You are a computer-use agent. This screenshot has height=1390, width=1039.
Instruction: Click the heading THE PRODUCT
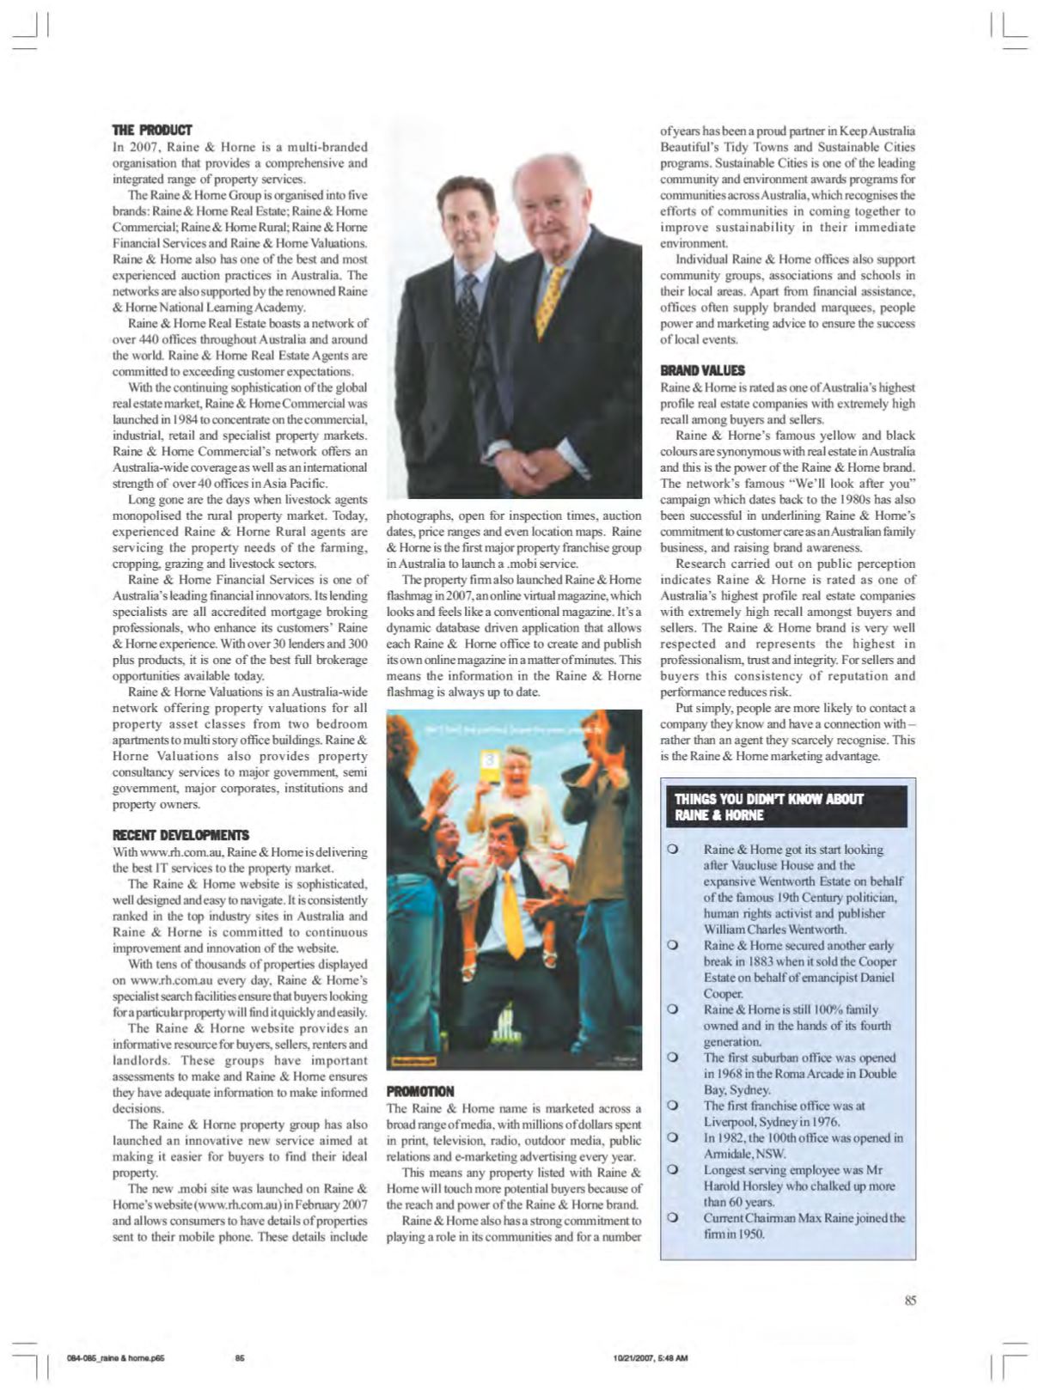[152, 131]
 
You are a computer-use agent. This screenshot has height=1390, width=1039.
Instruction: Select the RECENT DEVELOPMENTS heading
[180, 835]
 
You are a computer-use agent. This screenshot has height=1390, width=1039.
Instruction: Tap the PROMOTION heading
[420, 1091]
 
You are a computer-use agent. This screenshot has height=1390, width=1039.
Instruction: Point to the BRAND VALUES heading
[702, 370]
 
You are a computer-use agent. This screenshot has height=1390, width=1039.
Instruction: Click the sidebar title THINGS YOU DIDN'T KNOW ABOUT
[768, 799]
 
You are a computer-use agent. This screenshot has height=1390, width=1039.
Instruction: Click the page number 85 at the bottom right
[910, 1301]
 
